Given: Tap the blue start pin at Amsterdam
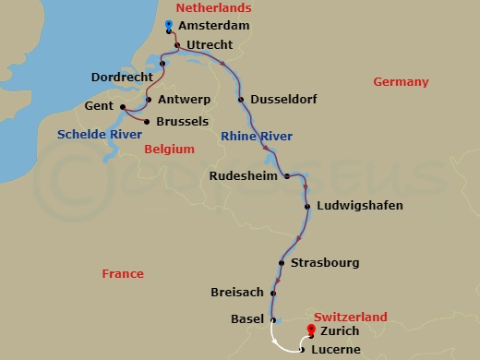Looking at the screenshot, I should pyautogui.click(x=168, y=25).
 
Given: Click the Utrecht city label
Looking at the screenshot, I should pyautogui.click(x=212, y=44).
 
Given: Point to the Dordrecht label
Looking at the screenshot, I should pyautogui.click(x=122, y=77).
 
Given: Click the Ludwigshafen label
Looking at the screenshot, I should pyautogui.click(x=359, y=205).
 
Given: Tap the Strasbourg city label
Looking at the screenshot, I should pyautogui.click(x=324, y=263).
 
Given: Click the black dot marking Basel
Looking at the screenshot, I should pyautogui.click(x=273, y=319).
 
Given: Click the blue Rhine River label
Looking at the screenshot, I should pyautogui.click(x=257, y=137).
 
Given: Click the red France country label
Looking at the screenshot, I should pyautogui.click(x=123, y=273).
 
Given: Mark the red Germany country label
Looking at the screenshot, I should pyautogui.click(x=401, y=82).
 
